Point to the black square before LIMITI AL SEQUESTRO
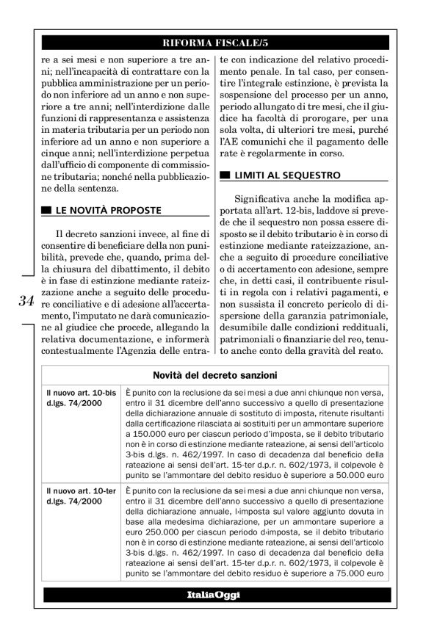[x=225, y=176]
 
